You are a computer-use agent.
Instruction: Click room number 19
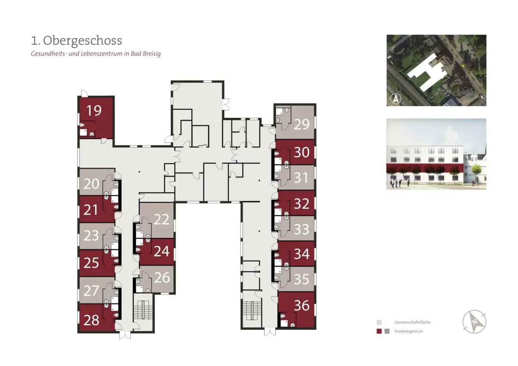(x=94, y=110)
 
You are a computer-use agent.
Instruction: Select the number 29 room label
(x=302, y=124)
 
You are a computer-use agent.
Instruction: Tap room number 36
(x=302, y=306)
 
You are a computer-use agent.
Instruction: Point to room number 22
(x=161, y=219)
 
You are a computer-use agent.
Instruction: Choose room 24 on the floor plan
(x=161, y=251)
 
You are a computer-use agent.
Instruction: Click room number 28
(x=91, y=320)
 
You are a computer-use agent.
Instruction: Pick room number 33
(x=302, y=229)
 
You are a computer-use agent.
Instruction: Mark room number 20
(x=91, y=184)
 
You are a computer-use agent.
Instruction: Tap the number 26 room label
(x=162, y=278)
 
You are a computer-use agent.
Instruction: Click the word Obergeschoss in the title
(x=82, y=41)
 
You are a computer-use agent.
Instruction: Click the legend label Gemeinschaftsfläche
(x=412, y=322)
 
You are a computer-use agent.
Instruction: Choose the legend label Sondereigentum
(x=409, y=331)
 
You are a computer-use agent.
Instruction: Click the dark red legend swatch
(x=379, y=331)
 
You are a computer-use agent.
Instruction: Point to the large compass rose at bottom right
(x=474, y=322)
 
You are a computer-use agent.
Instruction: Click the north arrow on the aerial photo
(x=395, y=99)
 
